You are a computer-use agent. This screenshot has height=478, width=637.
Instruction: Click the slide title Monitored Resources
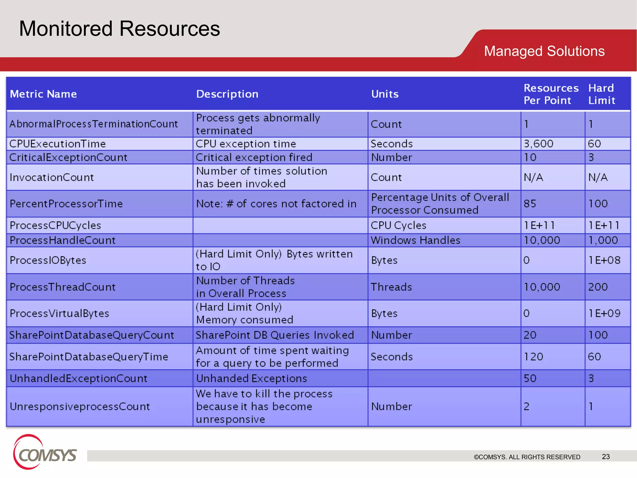pos(119,29)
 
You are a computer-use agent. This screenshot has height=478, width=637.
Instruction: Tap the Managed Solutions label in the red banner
pos(544,51)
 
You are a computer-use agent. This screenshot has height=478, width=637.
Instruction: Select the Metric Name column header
pos(43,94)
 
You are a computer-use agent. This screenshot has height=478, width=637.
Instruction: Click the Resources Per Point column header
pos(551,94)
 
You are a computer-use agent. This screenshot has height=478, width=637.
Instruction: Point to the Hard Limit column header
pos(602,94)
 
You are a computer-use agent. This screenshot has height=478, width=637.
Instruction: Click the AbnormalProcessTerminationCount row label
pos(94,124)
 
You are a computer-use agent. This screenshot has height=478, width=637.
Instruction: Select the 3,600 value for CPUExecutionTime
pos(538,144)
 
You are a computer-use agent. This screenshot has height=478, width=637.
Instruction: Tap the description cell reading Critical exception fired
pos(254,157)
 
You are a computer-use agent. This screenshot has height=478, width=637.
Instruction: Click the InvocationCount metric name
pos(52,177)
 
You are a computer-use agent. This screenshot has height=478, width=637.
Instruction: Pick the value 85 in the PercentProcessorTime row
pos(530,204)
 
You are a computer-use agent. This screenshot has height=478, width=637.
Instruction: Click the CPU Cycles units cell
pos(398,225)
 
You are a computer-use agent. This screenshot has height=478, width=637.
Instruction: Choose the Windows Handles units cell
pos(415,240)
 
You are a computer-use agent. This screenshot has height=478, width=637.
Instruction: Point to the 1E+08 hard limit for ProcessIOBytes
pos(604,260)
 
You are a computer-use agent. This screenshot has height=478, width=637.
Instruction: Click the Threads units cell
pos(391,287)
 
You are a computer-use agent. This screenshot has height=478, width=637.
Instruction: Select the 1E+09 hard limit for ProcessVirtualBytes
pos(604,313)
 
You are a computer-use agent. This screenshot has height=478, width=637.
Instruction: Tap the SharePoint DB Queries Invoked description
pos(275,335)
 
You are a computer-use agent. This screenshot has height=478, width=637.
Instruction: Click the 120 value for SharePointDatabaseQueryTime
pos(533,357)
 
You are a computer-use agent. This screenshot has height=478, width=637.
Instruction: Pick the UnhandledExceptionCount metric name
pos(78,378)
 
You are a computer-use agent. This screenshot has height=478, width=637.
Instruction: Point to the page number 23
pos(606,457)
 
